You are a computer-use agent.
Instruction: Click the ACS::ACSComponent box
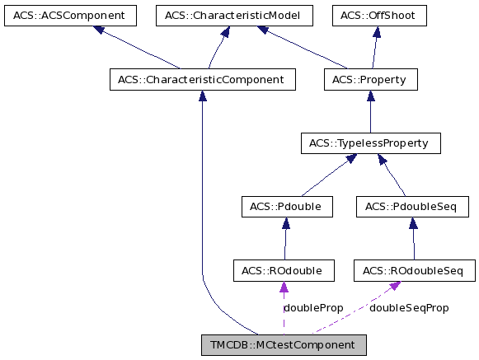coord(63,16)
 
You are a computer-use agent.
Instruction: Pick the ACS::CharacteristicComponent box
coord(202,80)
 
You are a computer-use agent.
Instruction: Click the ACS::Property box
coord(371,80)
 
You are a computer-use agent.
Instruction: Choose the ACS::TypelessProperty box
coord(370,143)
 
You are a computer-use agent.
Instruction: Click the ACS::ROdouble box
coord(284,270)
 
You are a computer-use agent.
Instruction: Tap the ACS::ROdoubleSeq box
coord(414,270)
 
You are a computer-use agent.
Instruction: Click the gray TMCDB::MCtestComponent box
coord(284,344)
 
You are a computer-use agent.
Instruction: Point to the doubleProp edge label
coord(313,308)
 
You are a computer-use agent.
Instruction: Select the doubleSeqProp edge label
coord(409,308)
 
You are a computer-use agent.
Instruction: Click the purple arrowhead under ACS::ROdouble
coord(284,288)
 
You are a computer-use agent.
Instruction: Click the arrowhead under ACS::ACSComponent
coord(99,30)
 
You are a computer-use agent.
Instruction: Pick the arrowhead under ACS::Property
coord(371,96)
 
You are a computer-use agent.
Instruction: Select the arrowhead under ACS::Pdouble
coord(285,222)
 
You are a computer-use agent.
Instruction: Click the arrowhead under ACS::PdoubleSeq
coord(412,222)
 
